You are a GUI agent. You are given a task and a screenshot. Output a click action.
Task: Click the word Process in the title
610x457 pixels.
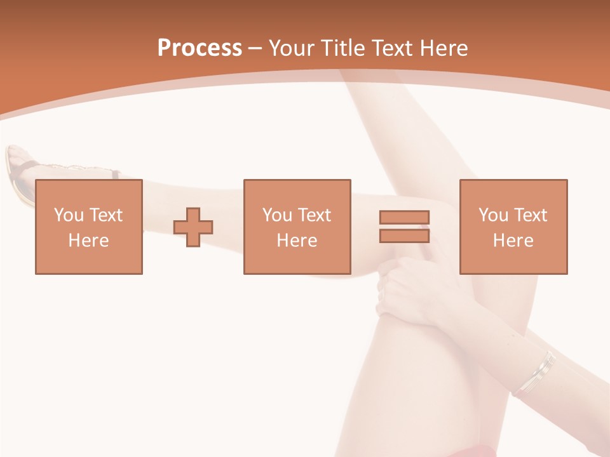[200, 48]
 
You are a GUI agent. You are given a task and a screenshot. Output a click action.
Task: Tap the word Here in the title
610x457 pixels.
[444, 48]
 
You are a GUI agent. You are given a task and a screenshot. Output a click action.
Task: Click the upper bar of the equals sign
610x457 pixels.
[404, 217]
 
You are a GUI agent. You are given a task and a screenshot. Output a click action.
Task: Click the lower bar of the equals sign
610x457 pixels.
[404, 236]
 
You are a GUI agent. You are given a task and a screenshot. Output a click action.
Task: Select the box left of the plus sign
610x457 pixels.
[89, 190]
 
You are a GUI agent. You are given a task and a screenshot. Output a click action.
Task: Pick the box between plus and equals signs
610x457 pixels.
[297, 190]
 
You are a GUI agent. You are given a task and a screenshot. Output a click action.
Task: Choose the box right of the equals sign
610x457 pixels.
[513, 190]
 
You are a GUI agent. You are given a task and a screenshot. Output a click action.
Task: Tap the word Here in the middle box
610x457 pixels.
[297, 241]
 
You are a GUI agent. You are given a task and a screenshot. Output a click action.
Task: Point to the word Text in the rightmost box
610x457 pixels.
[530, 215]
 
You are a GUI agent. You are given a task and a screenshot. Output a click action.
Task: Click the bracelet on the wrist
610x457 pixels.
[535, 374]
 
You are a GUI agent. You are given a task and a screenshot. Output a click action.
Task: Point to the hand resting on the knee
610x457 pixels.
[407, 286]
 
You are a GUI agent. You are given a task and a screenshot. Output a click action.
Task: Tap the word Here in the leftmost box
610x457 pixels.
[89, 241]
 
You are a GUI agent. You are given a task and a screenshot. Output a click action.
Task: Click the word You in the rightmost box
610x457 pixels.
[493, 215]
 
